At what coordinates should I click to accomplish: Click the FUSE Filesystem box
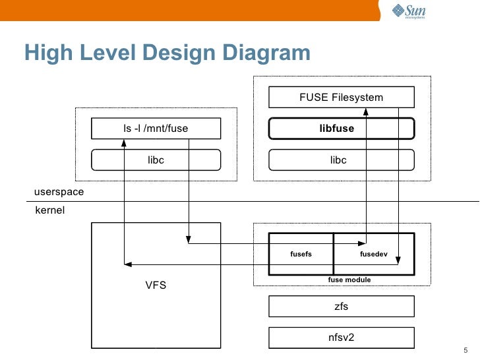point(341,98)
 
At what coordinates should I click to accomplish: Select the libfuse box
point(341,129)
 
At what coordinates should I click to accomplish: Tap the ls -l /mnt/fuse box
point(156,129)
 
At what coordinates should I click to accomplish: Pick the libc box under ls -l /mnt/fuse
point(156,160)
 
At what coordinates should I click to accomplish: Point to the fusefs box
point(301,254)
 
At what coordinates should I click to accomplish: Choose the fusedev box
point(374,254)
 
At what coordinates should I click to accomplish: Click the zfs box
point(341,307)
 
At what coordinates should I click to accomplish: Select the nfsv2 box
point(341,338)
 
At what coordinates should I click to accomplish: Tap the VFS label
point(156,285)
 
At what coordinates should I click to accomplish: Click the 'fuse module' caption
point(349,280)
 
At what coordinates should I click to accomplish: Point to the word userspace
point(59,192)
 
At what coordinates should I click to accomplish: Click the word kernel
point(49,211)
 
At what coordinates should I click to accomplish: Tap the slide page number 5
point(465,350)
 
